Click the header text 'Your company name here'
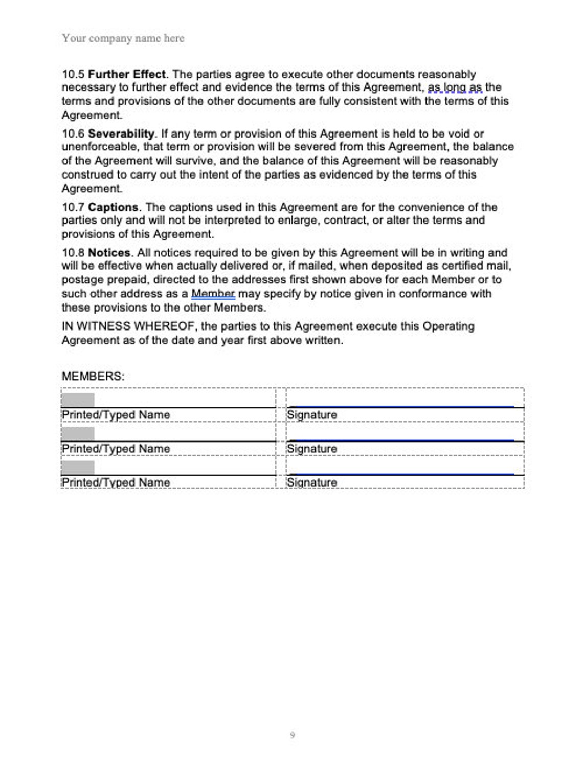click(123, 38)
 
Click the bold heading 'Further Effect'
click(127, 74)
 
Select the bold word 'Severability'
click(121, 134)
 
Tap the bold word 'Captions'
click(113, 207)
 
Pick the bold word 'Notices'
click(109, 253)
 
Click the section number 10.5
click(73, 74)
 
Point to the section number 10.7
click(73, 207)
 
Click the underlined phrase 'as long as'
click(455, 87)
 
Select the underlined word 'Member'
click(213, 294)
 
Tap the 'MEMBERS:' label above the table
click(93, 376)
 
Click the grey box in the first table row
click(78, 400)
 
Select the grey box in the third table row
click(78, 467)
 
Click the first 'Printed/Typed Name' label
click(116, 415)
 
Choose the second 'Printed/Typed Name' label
click(116, 449)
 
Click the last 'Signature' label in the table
click(311, 482)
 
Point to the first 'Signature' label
click(311, 415)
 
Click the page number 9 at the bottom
click(292, 735)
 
